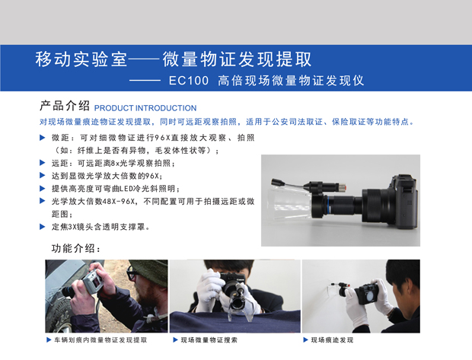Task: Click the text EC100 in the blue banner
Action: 189,81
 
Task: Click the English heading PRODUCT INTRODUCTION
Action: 145,108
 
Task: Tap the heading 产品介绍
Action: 65,106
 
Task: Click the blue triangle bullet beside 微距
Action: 43,138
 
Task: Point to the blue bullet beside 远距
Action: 43,163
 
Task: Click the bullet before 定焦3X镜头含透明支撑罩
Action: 43,227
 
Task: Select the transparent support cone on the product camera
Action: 289,203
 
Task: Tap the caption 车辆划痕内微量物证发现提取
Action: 100,340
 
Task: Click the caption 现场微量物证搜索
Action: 209,340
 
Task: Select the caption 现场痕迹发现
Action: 332,340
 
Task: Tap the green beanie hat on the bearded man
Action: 150,272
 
